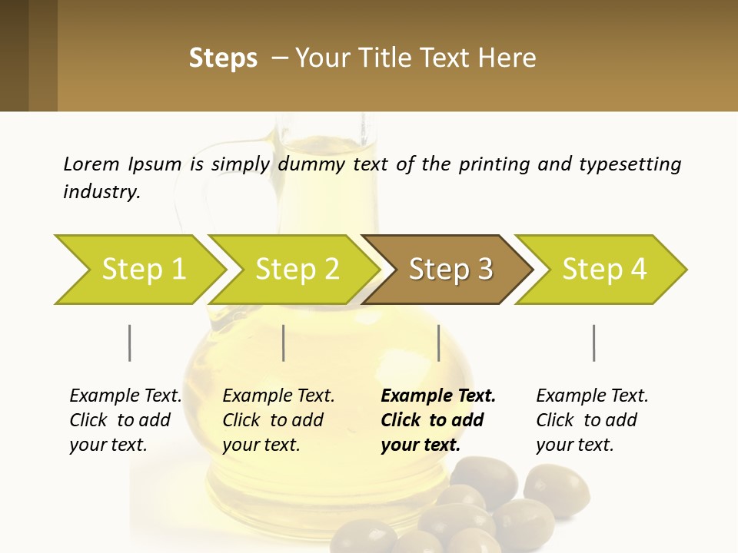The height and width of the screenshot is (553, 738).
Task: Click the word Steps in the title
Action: point(223,58)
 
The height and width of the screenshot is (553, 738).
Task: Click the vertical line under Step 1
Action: point(130,343)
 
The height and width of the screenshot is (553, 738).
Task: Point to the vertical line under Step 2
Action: point(284,343)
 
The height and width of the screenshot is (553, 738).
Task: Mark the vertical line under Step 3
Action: point(438,343)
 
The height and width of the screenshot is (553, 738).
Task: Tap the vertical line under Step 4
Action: point(593,343)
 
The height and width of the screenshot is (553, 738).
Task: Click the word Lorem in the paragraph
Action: point(91,164)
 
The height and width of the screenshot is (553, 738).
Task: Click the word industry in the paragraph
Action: point(101,192)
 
